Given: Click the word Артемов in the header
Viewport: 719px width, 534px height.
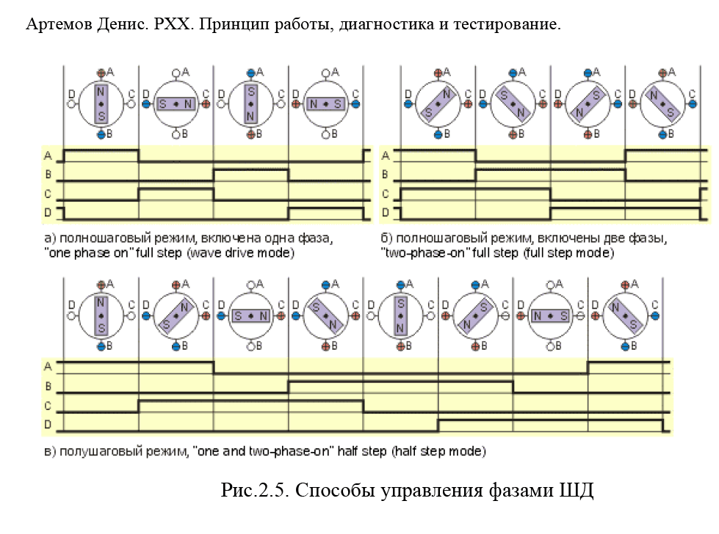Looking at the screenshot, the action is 59,23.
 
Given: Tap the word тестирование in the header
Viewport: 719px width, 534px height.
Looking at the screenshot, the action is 507,23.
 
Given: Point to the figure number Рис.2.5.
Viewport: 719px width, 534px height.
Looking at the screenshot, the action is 255,489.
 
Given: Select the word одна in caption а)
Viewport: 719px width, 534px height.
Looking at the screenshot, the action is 278,238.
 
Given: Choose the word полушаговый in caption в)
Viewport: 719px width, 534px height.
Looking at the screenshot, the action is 101,452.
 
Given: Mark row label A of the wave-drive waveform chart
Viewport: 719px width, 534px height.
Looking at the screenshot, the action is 48,156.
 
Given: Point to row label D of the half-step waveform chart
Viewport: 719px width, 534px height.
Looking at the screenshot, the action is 48,425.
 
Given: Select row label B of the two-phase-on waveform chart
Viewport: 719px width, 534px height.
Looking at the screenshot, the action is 385,175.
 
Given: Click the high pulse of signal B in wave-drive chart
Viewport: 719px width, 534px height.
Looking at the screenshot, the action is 251,170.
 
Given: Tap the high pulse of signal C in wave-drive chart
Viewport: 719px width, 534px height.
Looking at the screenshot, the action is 176,189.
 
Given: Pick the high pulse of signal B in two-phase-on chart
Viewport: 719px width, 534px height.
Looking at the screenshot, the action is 550,170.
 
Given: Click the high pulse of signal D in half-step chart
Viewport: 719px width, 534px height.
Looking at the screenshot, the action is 551,420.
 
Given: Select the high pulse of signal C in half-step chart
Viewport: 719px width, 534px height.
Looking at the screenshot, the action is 251,400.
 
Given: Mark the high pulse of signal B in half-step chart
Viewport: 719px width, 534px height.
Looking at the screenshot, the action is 400,381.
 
